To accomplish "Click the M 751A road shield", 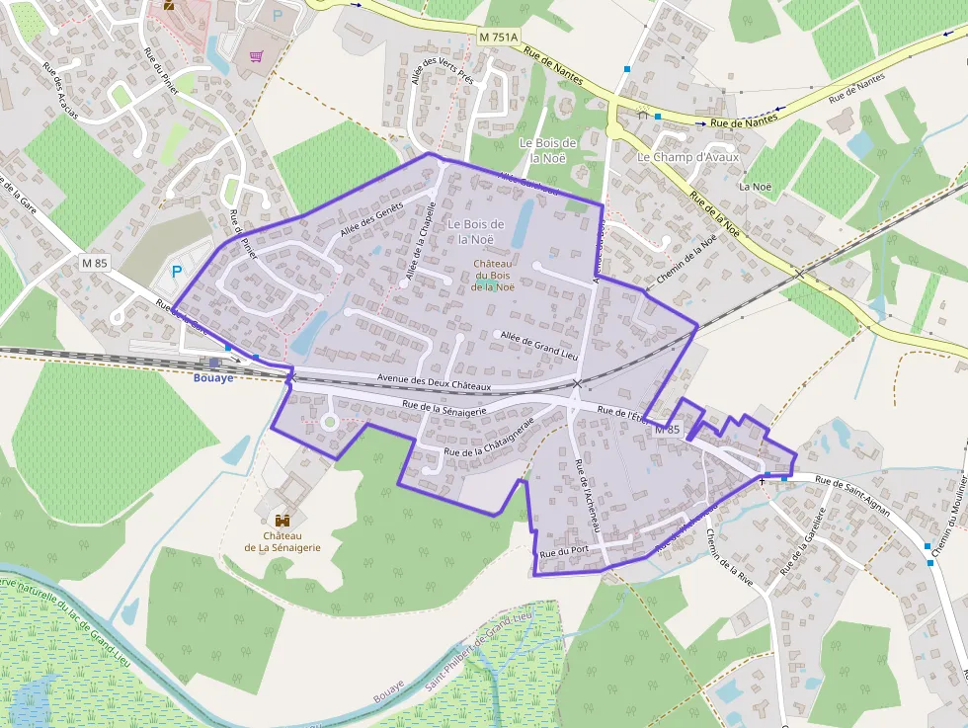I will pos(497,37).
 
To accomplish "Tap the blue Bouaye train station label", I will pos(214,377).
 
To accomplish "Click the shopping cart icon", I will pos(256,56).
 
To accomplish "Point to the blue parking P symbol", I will pos(178,271).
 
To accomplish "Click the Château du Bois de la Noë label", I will pos(493,276).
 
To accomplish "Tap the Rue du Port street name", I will pos(565,552).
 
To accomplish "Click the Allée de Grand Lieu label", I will pos(538,343).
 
